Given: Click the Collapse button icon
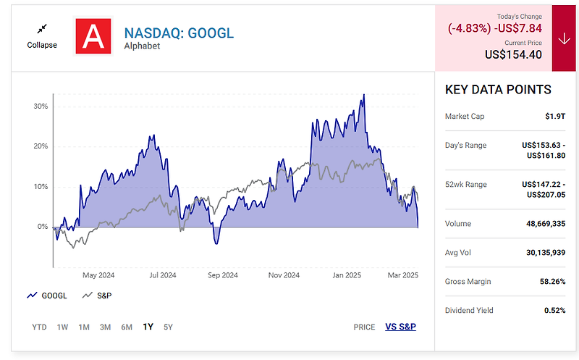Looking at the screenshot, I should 42,28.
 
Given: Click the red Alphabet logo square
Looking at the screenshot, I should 93,37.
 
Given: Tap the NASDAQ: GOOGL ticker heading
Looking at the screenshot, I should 179,33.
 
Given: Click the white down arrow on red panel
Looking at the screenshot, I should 565,39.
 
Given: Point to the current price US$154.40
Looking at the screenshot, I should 514,54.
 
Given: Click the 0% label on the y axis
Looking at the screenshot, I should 42,227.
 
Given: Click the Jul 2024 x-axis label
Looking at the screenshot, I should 163,275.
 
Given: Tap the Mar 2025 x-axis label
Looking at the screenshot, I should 403,275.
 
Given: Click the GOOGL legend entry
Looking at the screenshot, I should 48,296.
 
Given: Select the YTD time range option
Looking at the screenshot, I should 39,327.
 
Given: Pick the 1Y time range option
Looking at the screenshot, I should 148,327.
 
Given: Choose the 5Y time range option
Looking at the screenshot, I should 168,327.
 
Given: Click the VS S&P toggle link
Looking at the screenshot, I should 400,327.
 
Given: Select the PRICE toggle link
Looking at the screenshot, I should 364,327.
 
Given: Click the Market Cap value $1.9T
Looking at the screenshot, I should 554,116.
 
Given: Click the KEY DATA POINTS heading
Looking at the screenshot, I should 498,90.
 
